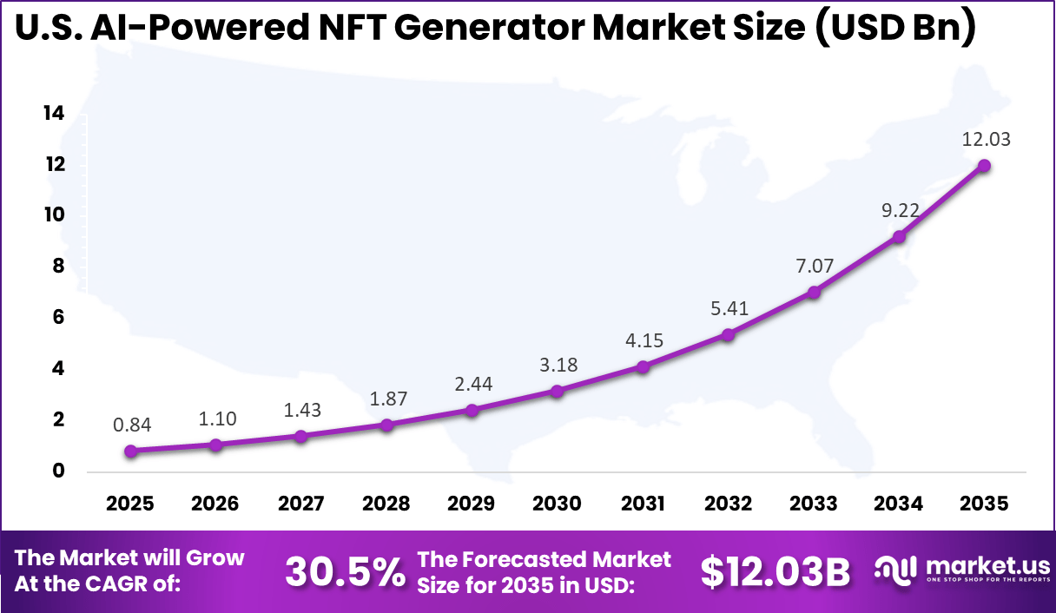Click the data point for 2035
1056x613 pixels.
click(x=984, y=166)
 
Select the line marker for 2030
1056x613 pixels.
click(x=557, y=392)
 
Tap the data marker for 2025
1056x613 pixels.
click(x=130, y=451)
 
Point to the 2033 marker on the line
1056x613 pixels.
click(x=814, y=293)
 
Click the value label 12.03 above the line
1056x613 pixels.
click(x=986, y=139)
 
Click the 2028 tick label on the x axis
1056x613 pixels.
click(x=386, y=504)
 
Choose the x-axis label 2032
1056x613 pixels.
click(x=728, y=504)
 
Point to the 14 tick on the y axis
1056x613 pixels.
click(x=54, y=113)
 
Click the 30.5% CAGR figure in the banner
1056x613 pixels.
click(x=345, y=572)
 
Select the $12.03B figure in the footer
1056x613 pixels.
click(x=775, y=572)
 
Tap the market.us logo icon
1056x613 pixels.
click(x=895, y=570)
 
